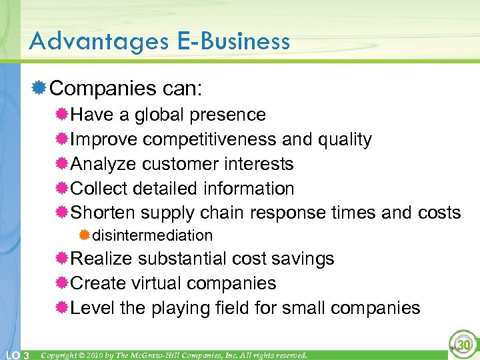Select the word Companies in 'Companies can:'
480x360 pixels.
pos(98,88)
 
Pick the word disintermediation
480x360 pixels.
pos(153,235)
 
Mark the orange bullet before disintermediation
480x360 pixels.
pos(84,235)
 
